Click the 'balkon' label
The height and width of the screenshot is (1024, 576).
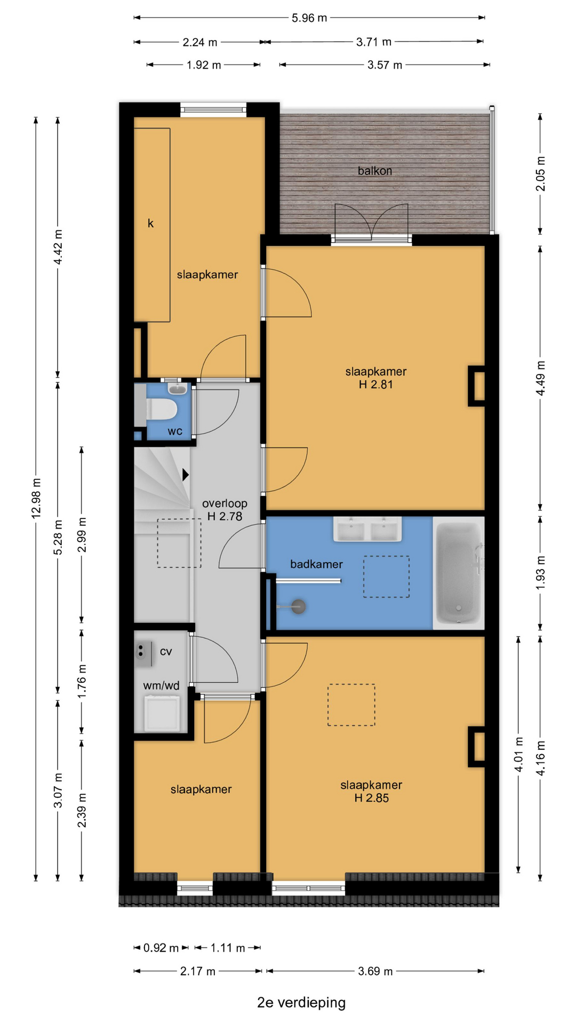click(x=374, y=171)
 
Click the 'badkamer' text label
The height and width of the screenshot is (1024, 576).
click(x=316, y=564)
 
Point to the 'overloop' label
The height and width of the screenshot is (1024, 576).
click(x=225, y=503)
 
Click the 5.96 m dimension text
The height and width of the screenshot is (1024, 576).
click(x=309, y=18)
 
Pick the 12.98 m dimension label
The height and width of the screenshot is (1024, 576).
click(x=36, y=498)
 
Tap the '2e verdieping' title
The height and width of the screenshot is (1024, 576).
click(x=301, y=1002)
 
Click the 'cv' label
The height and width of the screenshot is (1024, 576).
click(x=166, y=651)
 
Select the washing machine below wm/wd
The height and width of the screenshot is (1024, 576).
click(x=162, y=713)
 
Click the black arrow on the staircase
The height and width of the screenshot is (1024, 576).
click(x=186, y=474)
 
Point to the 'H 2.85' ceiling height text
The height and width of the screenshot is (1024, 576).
click(x=372, y=798)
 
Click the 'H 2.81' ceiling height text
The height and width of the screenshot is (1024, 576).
click(x=376, y=385)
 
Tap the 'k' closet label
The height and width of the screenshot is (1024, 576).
click(x=150, y=223)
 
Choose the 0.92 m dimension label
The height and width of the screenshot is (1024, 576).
click(x=161, y=948)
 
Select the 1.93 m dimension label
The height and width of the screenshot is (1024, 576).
click(x=540, y=572)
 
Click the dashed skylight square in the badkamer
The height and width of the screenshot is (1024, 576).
click(x=386, y=577)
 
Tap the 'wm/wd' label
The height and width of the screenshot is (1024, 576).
click(x=161, y=685)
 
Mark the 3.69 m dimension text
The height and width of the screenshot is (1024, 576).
click(x=375, y=971)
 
